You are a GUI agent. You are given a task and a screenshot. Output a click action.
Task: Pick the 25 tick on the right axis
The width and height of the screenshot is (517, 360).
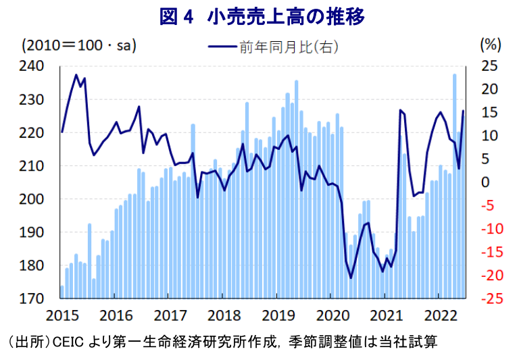coord(489,66)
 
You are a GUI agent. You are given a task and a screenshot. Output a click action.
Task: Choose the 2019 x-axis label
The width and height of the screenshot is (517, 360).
coord(276,315)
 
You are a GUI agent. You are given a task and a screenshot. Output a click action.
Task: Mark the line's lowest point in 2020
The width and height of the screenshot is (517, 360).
coord(351,277)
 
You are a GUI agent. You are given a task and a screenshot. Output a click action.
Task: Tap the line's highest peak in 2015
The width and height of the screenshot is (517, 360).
coord(76,75)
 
